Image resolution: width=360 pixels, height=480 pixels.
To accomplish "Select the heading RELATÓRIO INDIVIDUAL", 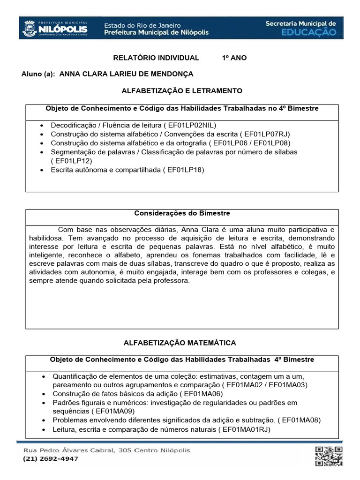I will pos(157,58).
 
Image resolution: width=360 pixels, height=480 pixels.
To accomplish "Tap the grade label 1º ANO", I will pos(234,58).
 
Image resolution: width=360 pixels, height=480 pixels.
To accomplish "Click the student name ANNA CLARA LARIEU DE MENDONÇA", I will pos(127,74).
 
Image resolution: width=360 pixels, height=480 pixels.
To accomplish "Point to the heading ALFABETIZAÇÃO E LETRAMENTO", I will pos(182,90).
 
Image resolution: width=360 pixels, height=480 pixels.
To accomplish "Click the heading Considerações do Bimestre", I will pos(182,213).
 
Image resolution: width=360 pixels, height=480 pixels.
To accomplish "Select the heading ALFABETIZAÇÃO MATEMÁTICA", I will pos(180,343).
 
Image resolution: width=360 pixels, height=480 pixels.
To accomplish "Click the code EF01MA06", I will pos(203,394).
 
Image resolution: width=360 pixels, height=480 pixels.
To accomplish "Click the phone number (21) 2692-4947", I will pos(51,459).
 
